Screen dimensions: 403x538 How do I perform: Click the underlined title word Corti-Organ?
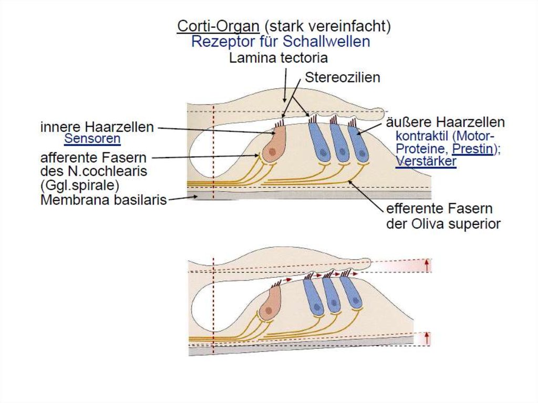click(x=218, y=26)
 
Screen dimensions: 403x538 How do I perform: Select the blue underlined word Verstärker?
click(x=426, y=161)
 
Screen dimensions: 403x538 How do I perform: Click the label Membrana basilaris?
click(x=104, y=200)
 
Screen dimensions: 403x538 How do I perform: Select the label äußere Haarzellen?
click(x=446, y=122)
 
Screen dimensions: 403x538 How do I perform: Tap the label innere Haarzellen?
click(x=97, y=127)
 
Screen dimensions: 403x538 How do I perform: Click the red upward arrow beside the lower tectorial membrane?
click(x=427, y=265)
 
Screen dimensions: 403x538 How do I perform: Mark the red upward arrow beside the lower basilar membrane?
click(x=427, y=338)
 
